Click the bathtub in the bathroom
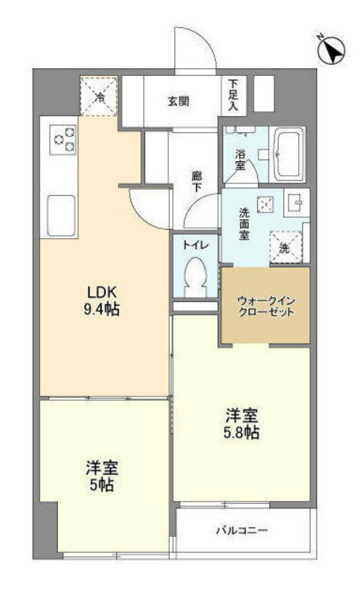click(289, 154)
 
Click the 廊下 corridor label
click(197, 183)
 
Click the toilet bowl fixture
click(195, 276)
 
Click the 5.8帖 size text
click(241, 433)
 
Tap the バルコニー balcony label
click(241, 531)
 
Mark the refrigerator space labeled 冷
click(99, 97)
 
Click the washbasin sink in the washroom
click(295, 203)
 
